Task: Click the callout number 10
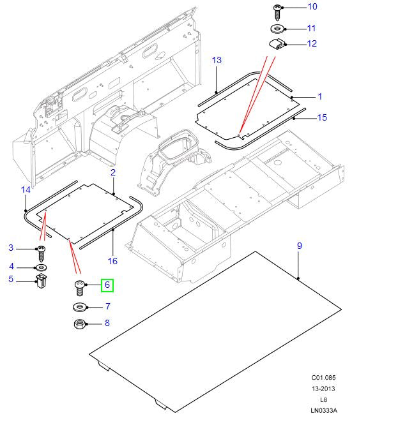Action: pos(312,7)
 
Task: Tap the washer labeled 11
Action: pos(279,29)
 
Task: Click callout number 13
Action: pos(217,60)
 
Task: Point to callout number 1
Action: pos(320,96)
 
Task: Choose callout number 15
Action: pos(322,117)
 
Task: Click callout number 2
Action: pos(113,172)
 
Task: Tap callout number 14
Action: pos(26,190)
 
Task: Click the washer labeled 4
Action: pos(40,266)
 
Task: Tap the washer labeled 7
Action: pos(80,308)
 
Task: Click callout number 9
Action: pos(298,246)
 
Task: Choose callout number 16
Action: pos(113,260)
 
